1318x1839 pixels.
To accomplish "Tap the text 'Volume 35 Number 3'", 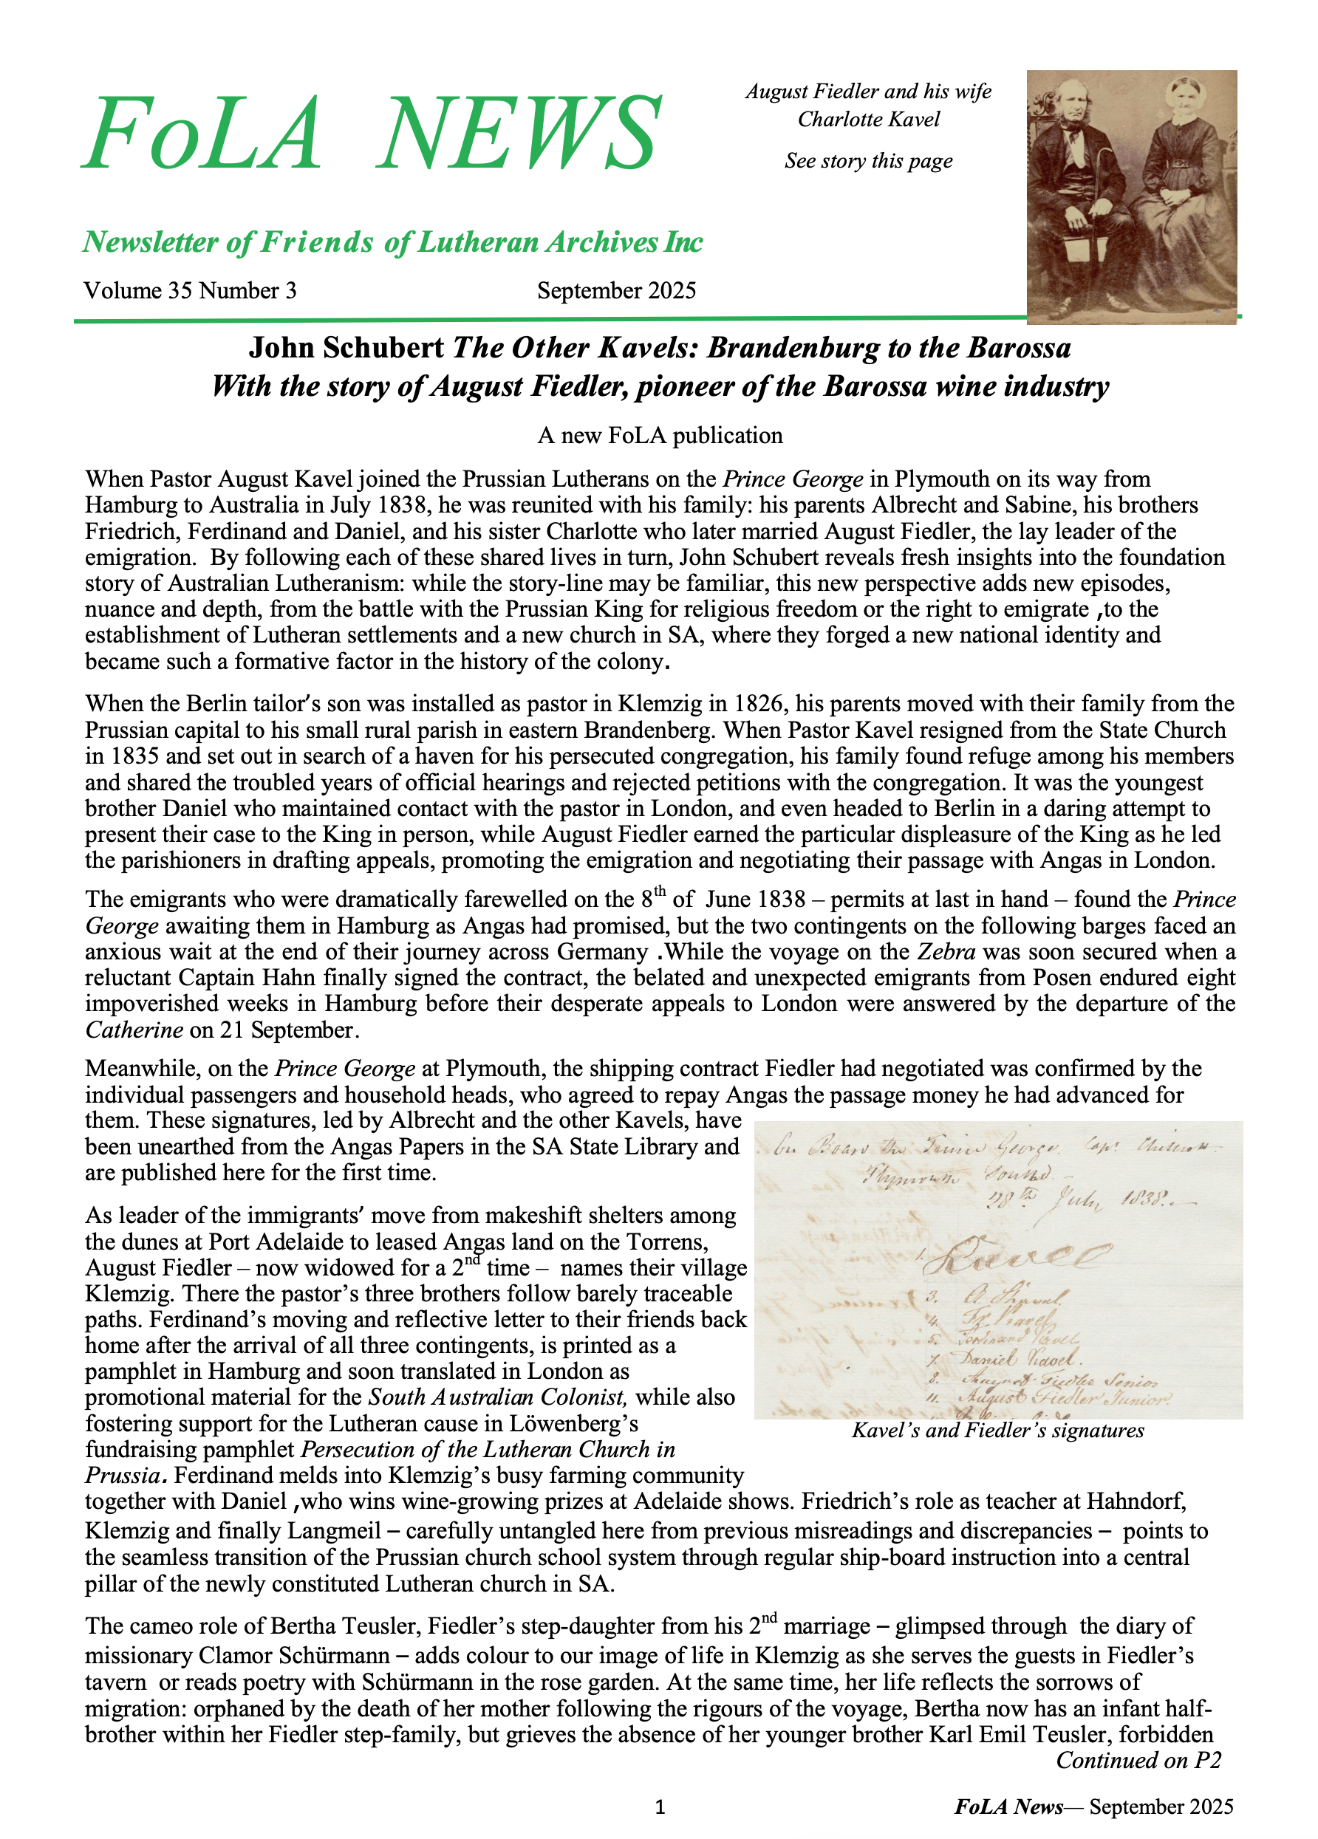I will [x=190, y=290].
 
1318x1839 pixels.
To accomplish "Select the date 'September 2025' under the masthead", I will [x=616, y=290].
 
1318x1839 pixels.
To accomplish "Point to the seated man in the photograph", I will [x=1079, y=187].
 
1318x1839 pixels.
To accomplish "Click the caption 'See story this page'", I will [x=868, y=160].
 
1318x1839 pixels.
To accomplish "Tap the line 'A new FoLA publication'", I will [x=660, y=436].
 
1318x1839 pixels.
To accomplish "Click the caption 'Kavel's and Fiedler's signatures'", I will [x=997, y=1431].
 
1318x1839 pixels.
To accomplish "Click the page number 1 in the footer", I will [x=660, y=1807].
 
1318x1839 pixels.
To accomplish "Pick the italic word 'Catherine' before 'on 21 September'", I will [x=134, y=1030].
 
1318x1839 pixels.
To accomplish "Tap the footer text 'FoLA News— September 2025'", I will [x=1093, y=1807].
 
